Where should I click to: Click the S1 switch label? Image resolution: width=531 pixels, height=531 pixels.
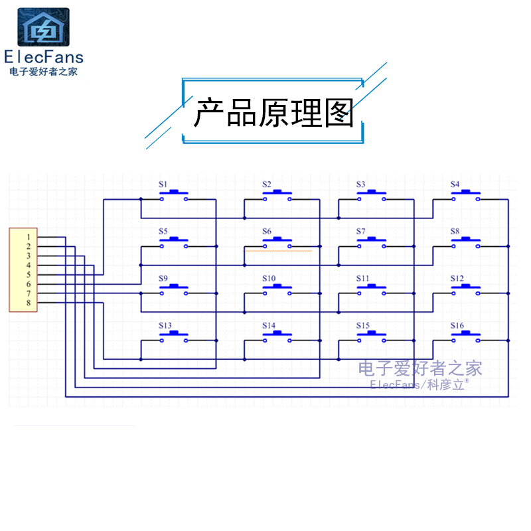(163, 184)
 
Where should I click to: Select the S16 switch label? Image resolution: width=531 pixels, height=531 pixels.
(457, 326)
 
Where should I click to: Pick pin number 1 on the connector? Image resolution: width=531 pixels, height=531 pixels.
(29, 237)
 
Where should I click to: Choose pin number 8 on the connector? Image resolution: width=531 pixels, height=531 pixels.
(29, 303)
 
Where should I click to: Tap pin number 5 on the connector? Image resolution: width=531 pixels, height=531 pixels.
(29, 274)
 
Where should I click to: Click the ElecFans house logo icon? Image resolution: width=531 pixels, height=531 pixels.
(43, 27)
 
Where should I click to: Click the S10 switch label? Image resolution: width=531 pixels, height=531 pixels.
(269, 279)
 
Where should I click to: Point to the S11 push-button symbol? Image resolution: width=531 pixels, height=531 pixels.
(372, 289)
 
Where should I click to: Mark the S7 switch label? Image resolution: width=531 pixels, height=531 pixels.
(361, 232)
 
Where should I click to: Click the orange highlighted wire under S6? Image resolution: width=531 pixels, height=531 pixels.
(278, 252)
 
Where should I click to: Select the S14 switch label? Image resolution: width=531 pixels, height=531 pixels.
(268, 326)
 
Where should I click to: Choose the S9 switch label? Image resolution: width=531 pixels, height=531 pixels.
(163, 279)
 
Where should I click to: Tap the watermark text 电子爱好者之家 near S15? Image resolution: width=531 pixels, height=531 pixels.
(419, 368)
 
